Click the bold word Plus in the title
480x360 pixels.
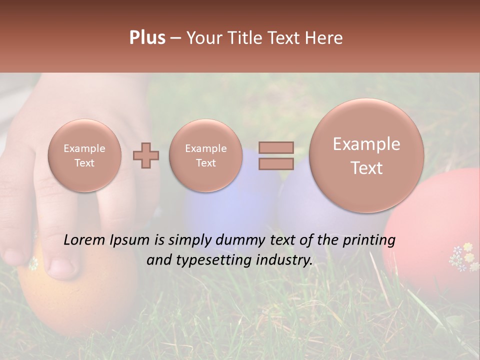147,38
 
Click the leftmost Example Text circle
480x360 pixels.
84,155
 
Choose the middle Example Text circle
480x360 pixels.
206,155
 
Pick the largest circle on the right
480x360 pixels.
366,155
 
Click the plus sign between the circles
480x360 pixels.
146,155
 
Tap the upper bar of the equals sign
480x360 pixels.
275,147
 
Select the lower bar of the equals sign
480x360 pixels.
275,163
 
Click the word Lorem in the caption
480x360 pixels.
83,240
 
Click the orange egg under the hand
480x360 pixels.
75,295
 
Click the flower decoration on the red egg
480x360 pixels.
463,256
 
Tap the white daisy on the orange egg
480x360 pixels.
33,263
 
